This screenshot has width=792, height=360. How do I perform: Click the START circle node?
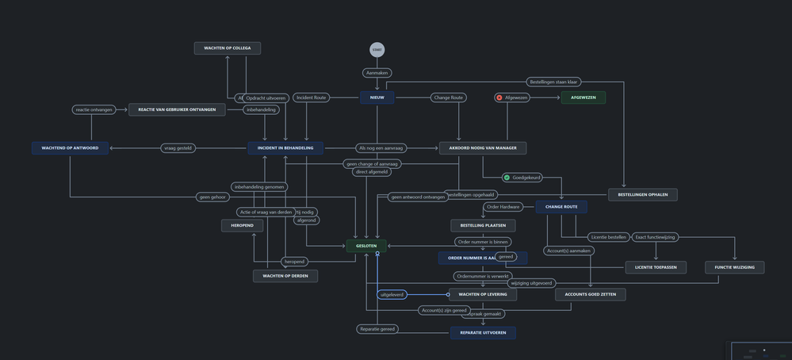[x=377, y=50]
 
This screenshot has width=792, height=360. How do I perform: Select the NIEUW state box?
[x=377, y=98]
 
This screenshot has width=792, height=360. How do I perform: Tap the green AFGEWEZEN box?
[x=583, y=98]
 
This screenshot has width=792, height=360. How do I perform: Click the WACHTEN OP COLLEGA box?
[x=228, y=48]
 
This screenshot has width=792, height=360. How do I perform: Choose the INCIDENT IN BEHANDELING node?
[x=285, y=147]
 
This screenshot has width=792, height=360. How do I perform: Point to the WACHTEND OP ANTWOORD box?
[x=70, y=147]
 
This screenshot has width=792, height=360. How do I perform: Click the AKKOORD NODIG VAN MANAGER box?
[x=482, y=147]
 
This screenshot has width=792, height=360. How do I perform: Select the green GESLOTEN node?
[x=366, y=246]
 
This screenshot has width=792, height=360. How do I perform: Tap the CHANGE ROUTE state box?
[x=561, y=207]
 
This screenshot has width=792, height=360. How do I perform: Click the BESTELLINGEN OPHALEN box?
[x=642, y=194]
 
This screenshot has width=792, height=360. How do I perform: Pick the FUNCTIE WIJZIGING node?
[x=734, y=267]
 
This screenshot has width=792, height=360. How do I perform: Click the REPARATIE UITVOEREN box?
[x=483, y=333]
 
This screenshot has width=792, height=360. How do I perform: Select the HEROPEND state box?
[x=242, y=226]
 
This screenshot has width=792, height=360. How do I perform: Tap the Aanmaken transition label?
[x=377, y=73]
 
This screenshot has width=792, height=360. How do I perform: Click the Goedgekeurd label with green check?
[x=522, y=178]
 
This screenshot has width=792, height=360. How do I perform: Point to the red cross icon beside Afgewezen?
[x=499, y=98]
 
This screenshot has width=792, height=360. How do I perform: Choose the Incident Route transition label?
[x=310, y=98]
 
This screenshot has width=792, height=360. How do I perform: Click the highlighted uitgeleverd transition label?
[x=392, y=294]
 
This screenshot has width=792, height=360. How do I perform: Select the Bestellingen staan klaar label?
[x=553, y=82]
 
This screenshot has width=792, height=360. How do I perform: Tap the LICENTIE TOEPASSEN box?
[x=656, y=267]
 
